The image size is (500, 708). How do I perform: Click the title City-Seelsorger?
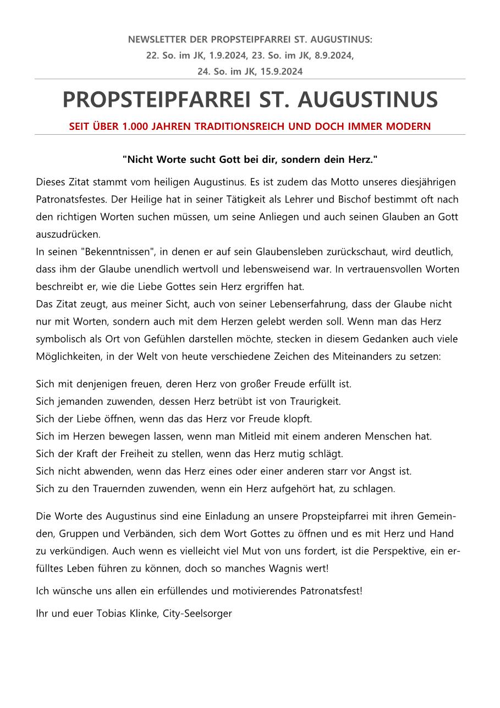pos(197,613)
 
